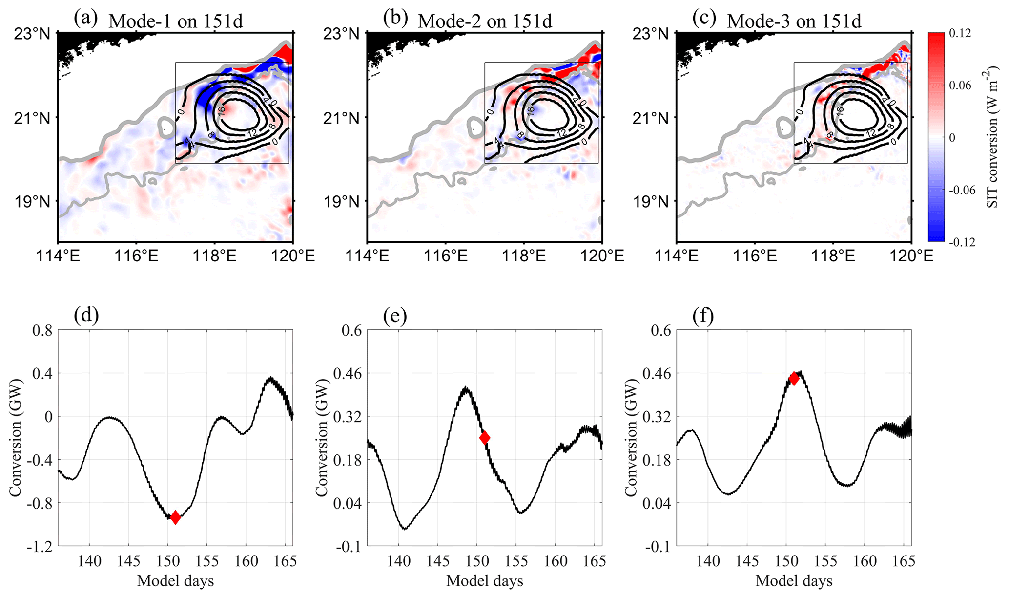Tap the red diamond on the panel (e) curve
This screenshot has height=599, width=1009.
(484, 438)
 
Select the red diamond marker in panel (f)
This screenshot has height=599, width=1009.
(794, 378)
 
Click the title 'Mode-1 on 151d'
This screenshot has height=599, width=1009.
(175, 21)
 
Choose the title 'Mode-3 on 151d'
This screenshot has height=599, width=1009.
(794, 21)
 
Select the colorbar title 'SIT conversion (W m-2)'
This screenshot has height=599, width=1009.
(994, 137)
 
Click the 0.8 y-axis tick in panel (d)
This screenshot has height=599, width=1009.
(41, 331)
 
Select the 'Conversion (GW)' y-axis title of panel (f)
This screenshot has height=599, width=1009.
(633, 438)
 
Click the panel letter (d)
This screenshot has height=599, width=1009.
(86, 316)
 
